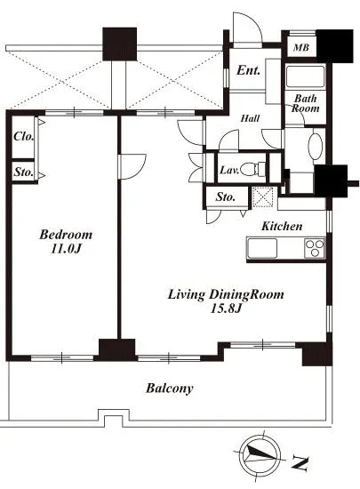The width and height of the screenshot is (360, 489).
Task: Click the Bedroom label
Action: click(66, 235)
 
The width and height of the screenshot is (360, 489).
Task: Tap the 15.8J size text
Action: click(227, 309)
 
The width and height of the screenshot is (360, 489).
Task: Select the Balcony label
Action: click(170, 389)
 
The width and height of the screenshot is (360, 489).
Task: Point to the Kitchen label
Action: click(282, 226)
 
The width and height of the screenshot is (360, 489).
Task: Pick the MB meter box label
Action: click(301, 47)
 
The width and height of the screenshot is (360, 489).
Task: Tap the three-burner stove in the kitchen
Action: click(314, 248)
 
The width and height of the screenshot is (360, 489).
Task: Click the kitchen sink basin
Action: click(262, 248)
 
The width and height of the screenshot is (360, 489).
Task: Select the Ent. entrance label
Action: click(248, 70)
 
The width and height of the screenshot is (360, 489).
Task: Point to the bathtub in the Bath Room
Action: click(306, 76)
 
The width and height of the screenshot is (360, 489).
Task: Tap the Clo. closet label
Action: click(23, 136)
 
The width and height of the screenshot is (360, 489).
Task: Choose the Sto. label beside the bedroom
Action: click(23, 172)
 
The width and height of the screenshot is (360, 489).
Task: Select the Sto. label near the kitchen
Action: click(226, 196)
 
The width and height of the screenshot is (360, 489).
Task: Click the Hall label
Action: click(251, 118)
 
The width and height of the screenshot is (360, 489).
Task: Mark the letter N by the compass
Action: click(300, 463)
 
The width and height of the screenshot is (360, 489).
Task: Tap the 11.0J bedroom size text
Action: click(66, 249)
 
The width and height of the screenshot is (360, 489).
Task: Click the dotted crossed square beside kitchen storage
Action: click(262, 196)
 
